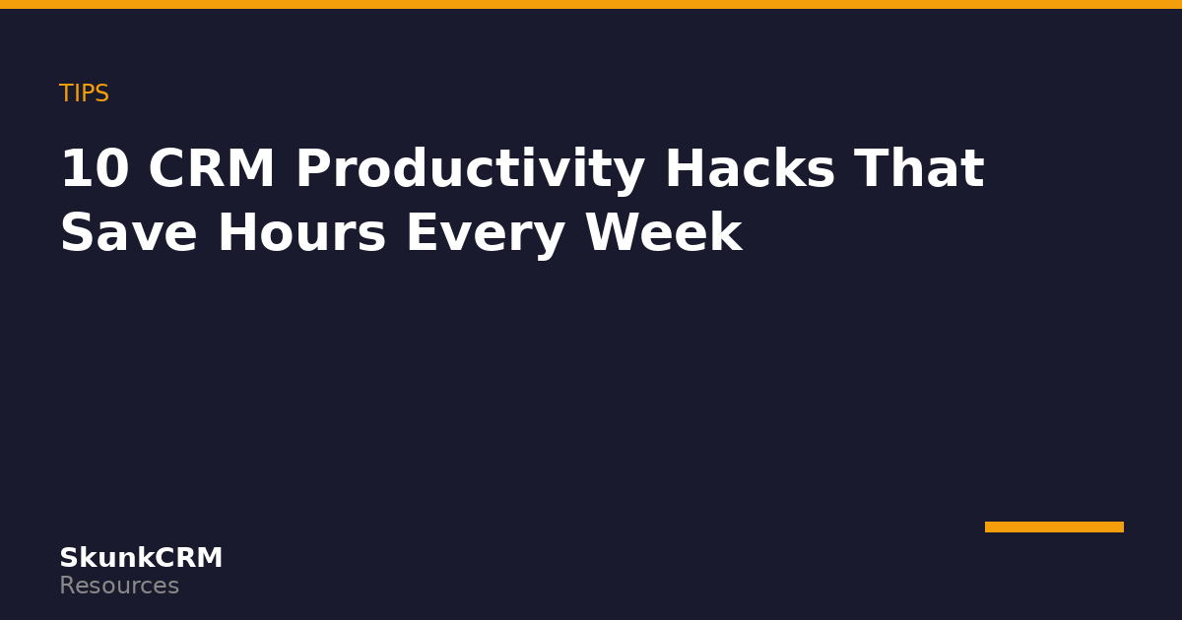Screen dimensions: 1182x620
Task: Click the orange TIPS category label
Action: pos(84,93)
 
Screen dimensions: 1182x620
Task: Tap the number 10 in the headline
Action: pos(95,168)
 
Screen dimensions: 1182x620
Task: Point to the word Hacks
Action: pos(750,167)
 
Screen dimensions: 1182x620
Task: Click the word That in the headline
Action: pos(919,167)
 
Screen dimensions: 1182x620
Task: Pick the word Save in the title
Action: pos(129,232)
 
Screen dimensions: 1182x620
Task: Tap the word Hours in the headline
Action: pos(301,232)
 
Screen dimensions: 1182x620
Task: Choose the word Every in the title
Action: pos(486,235)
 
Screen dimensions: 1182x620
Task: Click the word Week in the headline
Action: pos(664,231)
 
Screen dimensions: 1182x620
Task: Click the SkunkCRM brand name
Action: pos(141,557)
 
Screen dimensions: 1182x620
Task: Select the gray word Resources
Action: pos(119,586)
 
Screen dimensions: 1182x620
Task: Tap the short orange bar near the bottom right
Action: pos(1054,527)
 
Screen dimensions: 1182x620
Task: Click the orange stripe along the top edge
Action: pos(591,4)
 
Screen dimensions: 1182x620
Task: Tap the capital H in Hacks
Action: pos(685,168)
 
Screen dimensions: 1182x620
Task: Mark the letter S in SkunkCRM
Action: pos(69,558)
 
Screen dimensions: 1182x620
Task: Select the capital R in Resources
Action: pos(68,586)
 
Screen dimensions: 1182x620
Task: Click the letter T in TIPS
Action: pos(67,93)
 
